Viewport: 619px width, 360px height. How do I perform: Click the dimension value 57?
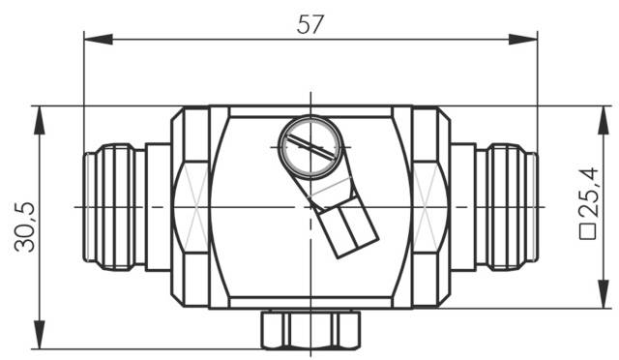[309, 26]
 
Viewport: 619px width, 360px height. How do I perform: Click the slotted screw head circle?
[309, 147]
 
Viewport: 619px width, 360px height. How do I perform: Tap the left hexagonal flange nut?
[191, 207]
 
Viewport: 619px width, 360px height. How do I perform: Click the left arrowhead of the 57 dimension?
[92, 39]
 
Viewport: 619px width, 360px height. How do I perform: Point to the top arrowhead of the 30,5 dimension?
[40, 114]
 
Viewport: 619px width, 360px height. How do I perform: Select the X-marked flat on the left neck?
[193, 207]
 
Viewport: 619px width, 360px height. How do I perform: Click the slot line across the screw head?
[309, 148]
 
